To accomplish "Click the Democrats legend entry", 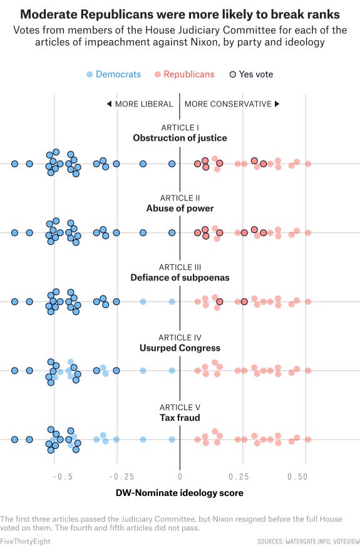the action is (x=113, y=74).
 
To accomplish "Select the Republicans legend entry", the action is (x=184, y=74).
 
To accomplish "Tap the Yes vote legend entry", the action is (x=251, y=74).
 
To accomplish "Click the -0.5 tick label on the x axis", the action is (x=63, y=476).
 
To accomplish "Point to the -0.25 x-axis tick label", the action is (x=121, y=476).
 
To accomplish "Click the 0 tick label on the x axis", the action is (x=180, y=476).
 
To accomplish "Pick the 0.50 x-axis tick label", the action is (x=297, y=476).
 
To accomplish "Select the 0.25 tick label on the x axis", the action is (x=239, y=476).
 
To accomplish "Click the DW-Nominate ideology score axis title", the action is (x=180, y=493).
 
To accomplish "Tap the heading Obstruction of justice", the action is (x=180, y=138).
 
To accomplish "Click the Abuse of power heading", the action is (x=180, y=209).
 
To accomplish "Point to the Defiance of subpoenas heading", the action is (x=180, y=277).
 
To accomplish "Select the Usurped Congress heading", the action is (x=180, y=348).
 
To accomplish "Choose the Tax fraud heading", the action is (x=180, y=418).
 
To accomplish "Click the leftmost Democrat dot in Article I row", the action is (x=14, y=163).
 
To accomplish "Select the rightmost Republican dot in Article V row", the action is (x=308, y=440).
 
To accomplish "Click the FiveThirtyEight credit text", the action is (x=25, y=541).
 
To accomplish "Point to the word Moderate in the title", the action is (x=49, y=14).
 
